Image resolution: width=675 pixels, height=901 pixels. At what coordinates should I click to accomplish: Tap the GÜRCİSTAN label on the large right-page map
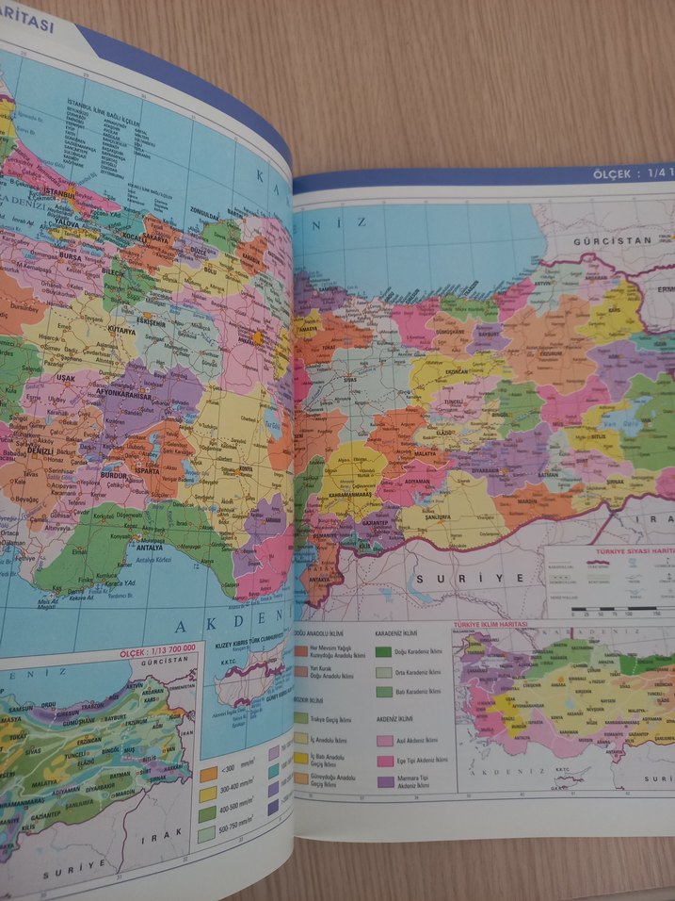click(598, 241)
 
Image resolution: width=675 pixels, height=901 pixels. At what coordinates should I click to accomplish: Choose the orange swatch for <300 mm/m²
click(208, 775)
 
